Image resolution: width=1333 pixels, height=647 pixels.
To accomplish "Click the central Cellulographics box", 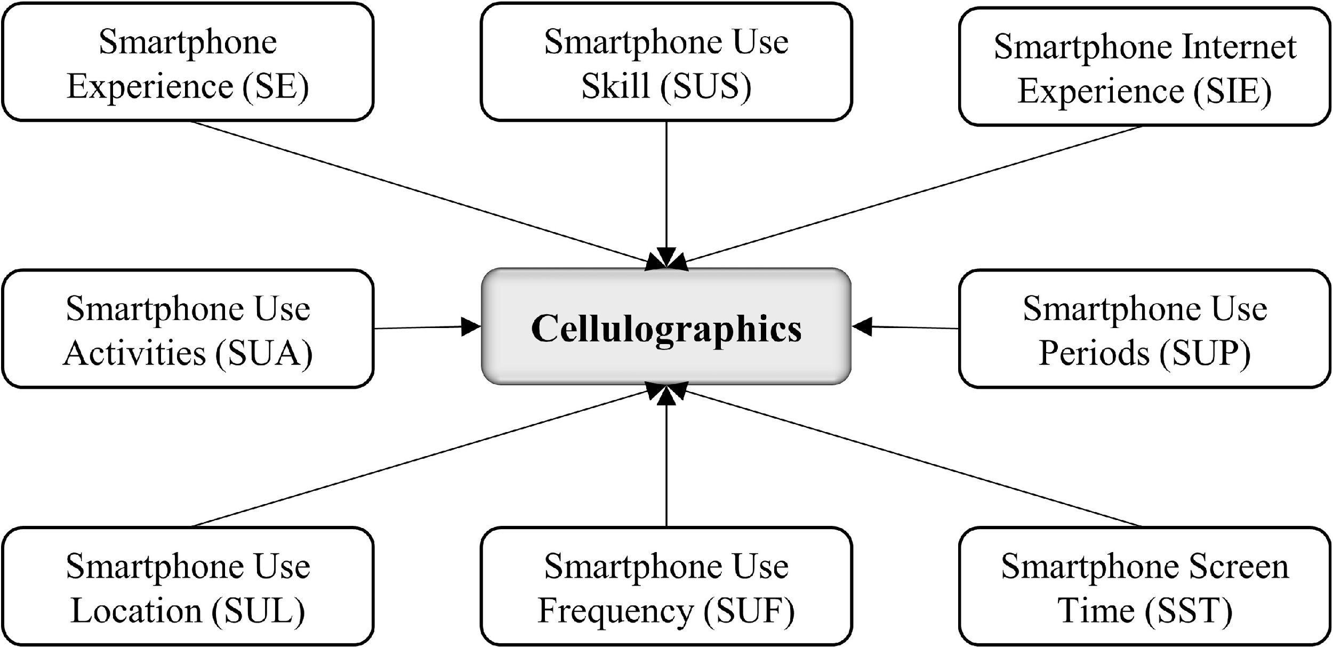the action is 666,327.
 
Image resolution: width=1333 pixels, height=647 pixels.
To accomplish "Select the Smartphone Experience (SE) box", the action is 188,62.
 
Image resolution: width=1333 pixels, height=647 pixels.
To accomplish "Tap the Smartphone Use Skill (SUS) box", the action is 666,62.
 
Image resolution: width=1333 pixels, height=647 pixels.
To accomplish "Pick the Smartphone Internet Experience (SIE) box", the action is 1144,67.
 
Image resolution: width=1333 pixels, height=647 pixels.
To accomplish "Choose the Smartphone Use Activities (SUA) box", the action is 188,329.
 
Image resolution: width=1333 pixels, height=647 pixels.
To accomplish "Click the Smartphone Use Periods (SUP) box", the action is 1144,329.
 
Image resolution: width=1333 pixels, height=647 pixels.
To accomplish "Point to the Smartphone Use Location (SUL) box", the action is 188,587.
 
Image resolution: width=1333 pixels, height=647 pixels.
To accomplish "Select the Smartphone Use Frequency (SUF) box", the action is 666,587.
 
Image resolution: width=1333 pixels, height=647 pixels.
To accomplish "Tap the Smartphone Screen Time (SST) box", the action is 1144,587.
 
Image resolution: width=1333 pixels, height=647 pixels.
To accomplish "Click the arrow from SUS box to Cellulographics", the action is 666,187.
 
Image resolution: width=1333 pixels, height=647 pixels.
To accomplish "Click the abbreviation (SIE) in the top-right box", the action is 1232,91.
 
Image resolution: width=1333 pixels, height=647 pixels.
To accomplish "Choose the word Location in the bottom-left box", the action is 136,611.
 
